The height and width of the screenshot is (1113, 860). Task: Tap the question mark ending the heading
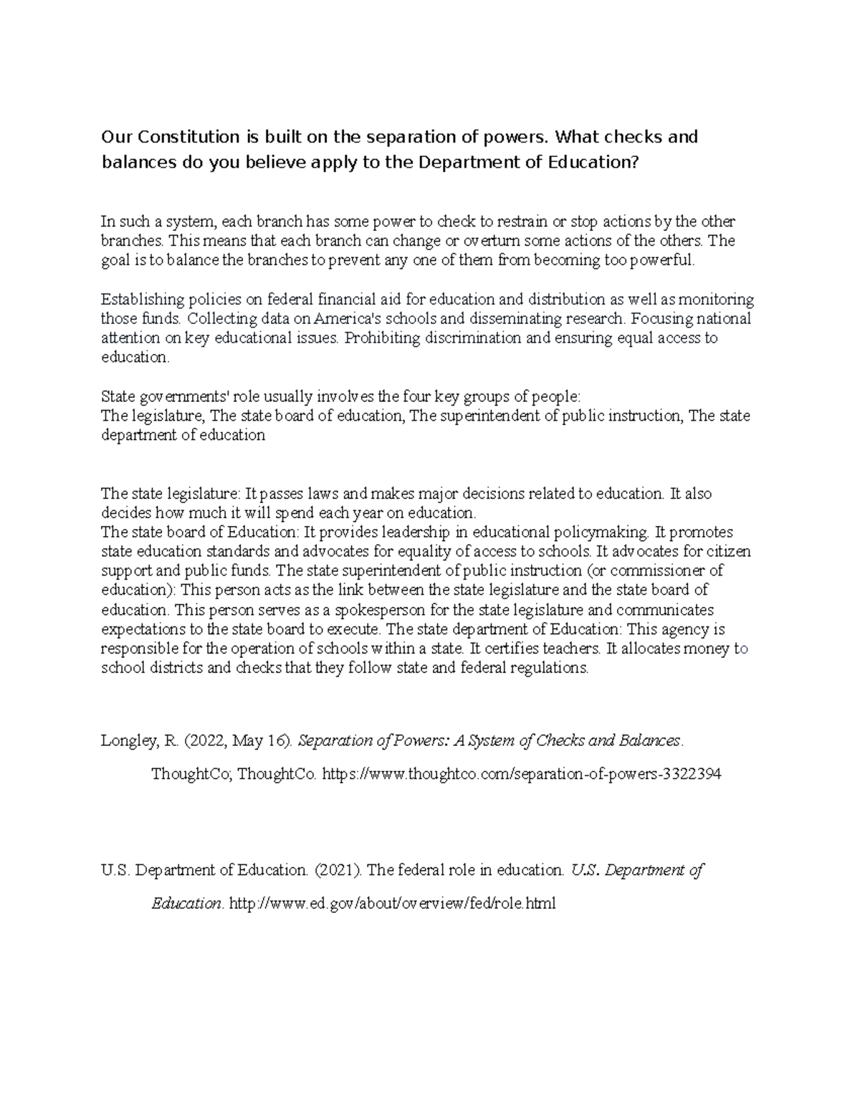[632, 162]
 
